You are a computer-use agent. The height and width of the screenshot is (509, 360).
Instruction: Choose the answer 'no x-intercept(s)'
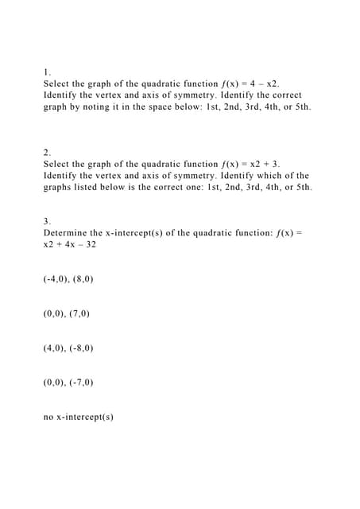79,416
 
